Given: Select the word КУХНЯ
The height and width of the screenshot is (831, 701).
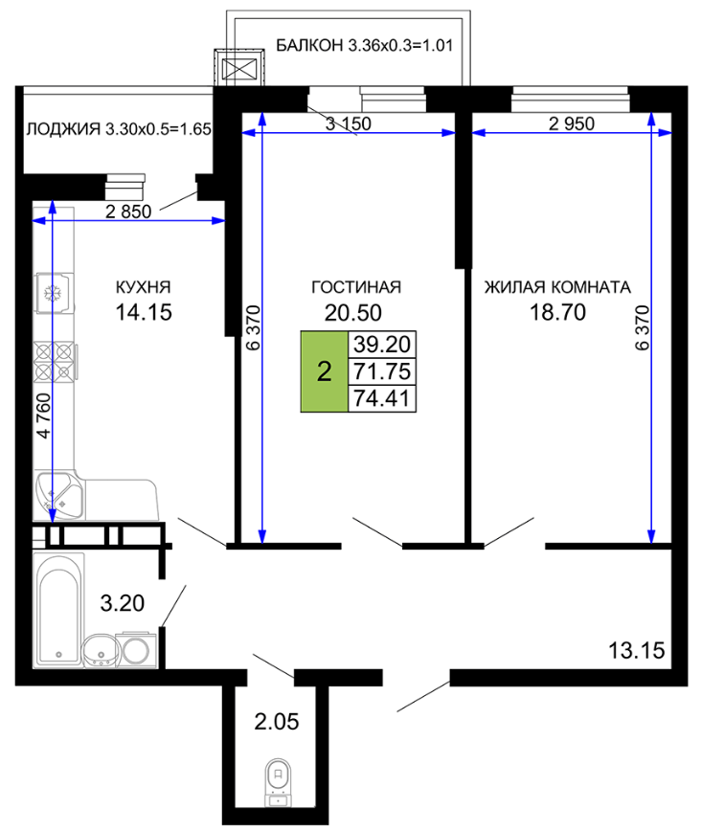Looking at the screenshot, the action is point(144,287).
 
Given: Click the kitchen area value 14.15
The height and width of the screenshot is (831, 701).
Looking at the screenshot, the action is point(144,312).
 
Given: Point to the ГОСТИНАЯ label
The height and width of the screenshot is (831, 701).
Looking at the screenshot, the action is point(356,287).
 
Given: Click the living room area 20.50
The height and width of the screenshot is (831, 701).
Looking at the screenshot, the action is point(353,313).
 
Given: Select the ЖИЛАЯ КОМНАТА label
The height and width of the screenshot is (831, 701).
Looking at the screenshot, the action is point(557,287).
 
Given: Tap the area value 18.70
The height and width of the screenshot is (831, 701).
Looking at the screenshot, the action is point(557,312).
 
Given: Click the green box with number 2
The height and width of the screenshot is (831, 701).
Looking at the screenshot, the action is point(324,371).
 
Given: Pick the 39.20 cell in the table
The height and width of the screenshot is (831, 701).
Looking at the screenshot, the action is point(382,345).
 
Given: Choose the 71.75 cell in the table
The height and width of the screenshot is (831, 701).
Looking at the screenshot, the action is point(382,371).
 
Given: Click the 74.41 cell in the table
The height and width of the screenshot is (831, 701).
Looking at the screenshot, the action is point(382,398).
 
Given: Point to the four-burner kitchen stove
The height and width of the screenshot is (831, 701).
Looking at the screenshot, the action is point(54,362).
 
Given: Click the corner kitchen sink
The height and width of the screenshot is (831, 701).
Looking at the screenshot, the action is point(58,495).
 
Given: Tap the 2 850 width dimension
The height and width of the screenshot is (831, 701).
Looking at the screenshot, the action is point(128,212).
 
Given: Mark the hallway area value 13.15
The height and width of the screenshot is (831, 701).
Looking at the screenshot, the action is point(636,650).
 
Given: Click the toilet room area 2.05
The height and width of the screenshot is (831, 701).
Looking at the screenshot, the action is point(276,722).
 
